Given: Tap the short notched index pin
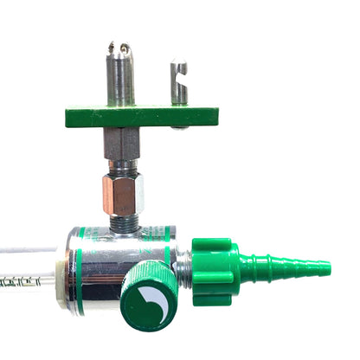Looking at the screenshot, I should tap(178, 82).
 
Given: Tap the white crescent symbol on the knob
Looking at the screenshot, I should tap(151, 301).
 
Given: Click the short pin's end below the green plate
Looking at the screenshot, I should tap(178, 127).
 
